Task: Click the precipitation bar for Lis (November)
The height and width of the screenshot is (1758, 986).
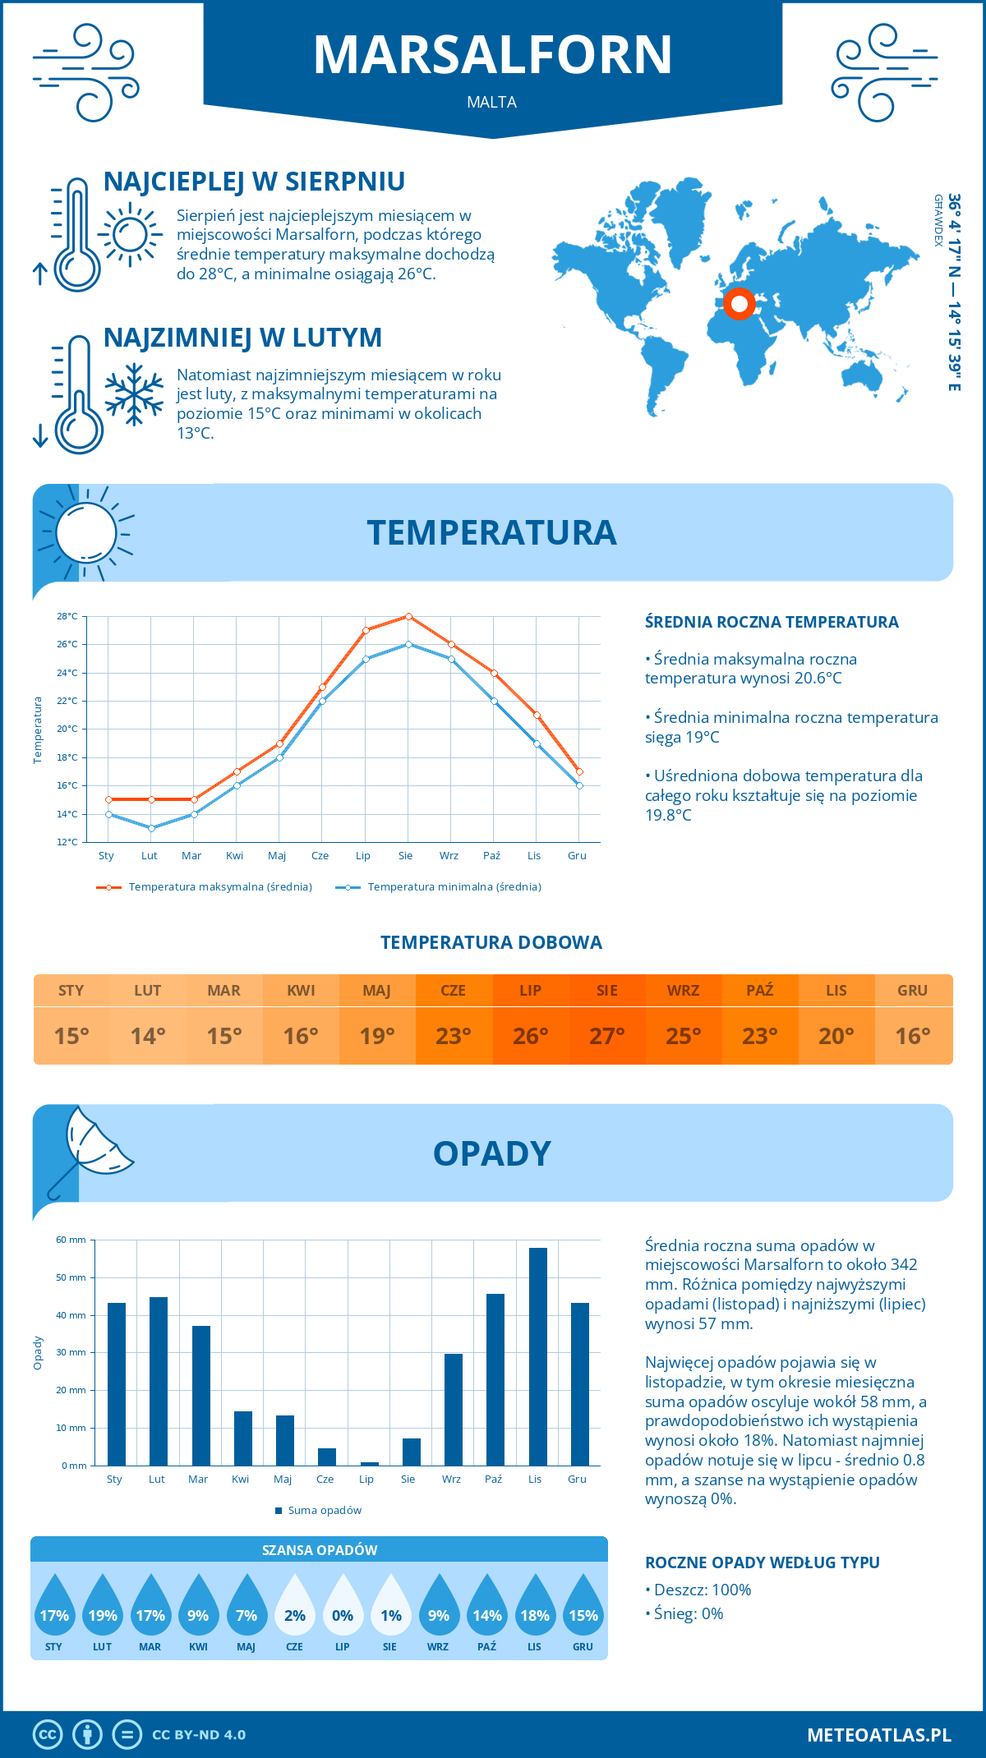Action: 537,1356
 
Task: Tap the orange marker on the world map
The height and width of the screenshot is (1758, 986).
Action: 739,304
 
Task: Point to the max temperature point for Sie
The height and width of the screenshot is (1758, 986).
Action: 408,616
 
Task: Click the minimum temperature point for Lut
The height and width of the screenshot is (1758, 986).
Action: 151,828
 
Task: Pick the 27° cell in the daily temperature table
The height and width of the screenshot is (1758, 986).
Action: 606,1036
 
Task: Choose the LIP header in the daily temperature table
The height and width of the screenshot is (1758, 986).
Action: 530,990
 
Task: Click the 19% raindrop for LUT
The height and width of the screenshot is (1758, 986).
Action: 103,1614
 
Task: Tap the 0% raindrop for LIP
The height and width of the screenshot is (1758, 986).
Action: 343,1614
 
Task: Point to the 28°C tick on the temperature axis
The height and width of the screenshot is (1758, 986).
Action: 67,616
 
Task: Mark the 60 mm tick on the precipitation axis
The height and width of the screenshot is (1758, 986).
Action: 71,1240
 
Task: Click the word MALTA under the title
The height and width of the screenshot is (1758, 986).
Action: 491,102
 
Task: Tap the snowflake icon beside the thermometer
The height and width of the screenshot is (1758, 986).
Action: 134,394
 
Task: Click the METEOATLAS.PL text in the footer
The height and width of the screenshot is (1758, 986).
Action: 878,1735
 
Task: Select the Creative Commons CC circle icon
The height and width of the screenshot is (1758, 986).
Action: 48,1735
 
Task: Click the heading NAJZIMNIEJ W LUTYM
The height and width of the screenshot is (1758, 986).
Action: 242,338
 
